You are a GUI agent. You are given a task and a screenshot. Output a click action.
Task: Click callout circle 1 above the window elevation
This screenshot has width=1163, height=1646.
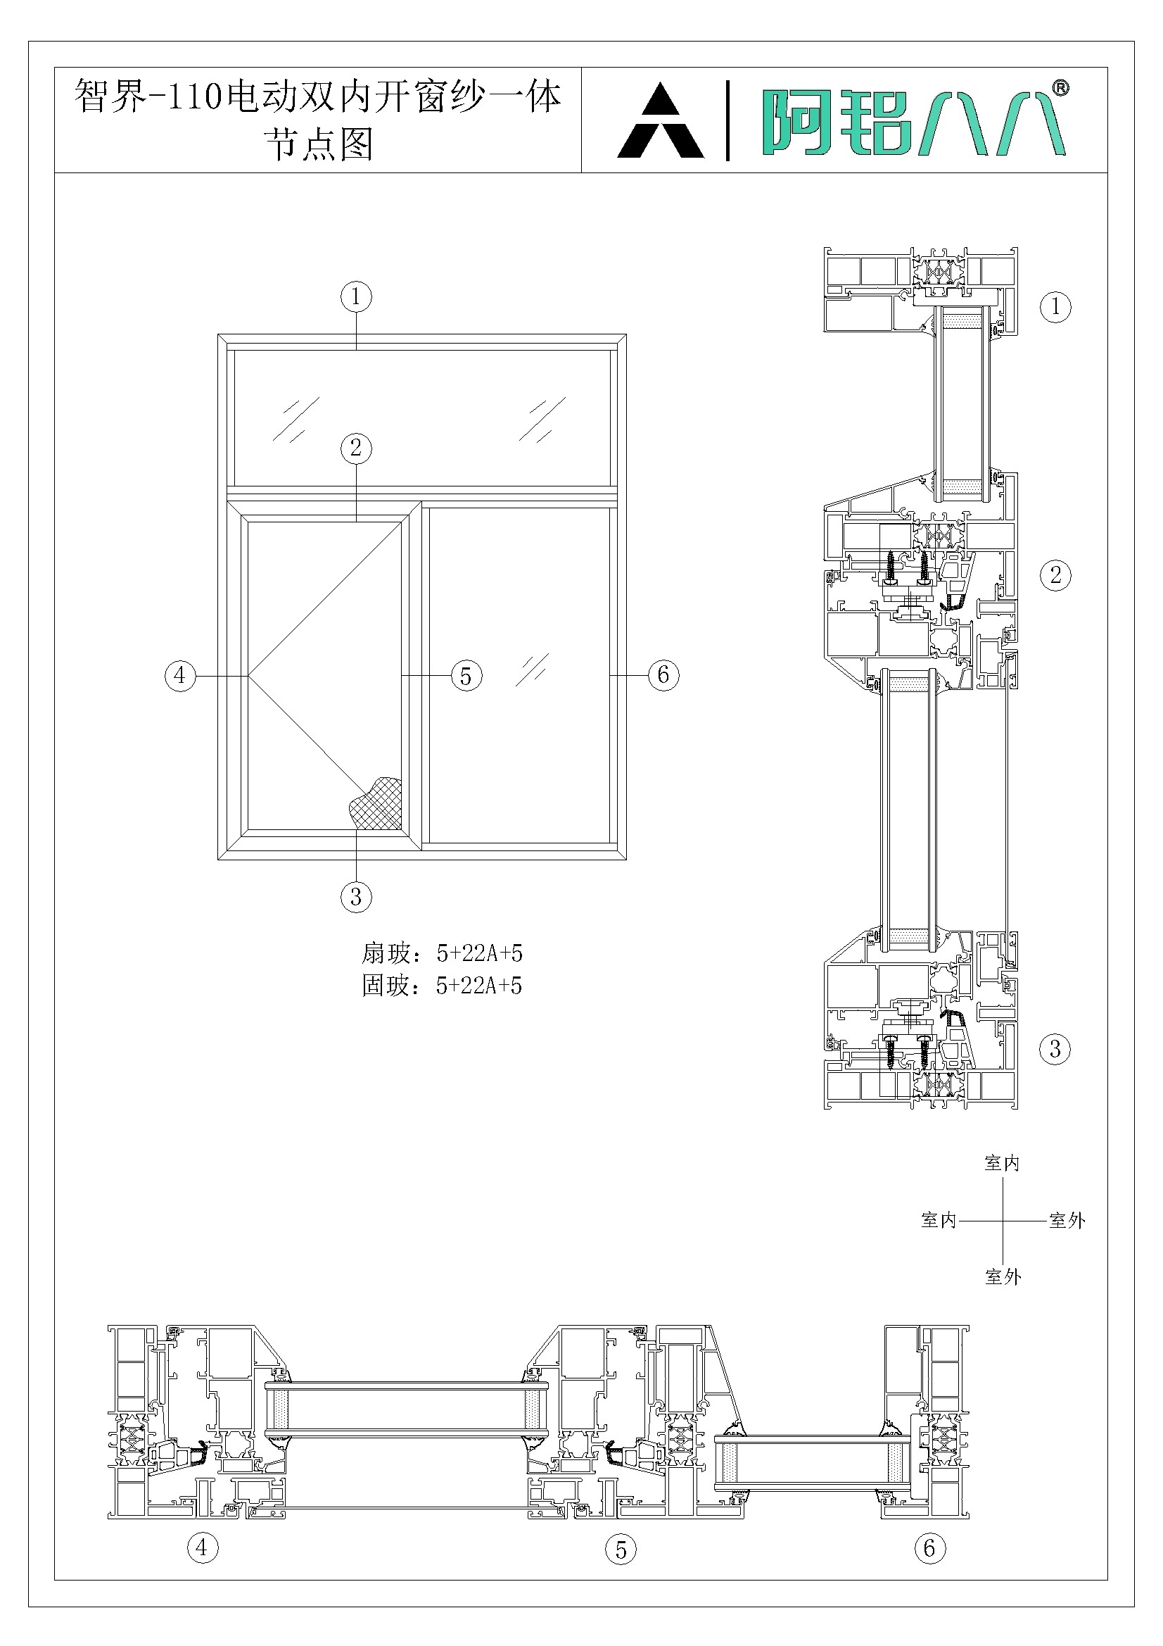click(356, 297)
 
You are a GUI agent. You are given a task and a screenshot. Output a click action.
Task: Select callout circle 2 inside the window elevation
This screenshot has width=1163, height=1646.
click(356, 448)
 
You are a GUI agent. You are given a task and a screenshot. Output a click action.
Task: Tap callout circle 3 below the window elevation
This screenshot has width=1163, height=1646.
click(356, 897)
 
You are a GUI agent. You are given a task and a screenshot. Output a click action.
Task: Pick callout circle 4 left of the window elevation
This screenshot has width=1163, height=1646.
click(180, 675)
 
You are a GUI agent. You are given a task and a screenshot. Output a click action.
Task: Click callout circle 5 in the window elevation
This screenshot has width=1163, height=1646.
click(466, 675)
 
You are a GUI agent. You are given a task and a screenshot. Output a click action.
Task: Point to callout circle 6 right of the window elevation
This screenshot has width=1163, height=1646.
click(663, 674)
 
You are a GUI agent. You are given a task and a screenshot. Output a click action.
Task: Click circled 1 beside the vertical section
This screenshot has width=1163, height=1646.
click(1055, 307)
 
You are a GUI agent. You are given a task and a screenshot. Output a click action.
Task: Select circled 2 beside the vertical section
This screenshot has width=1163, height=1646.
click(1055, 574)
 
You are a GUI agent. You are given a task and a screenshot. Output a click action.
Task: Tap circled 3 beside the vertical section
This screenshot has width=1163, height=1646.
click(1055, 1049)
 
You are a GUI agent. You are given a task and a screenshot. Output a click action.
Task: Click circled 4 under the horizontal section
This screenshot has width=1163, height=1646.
click(202, 1547)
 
